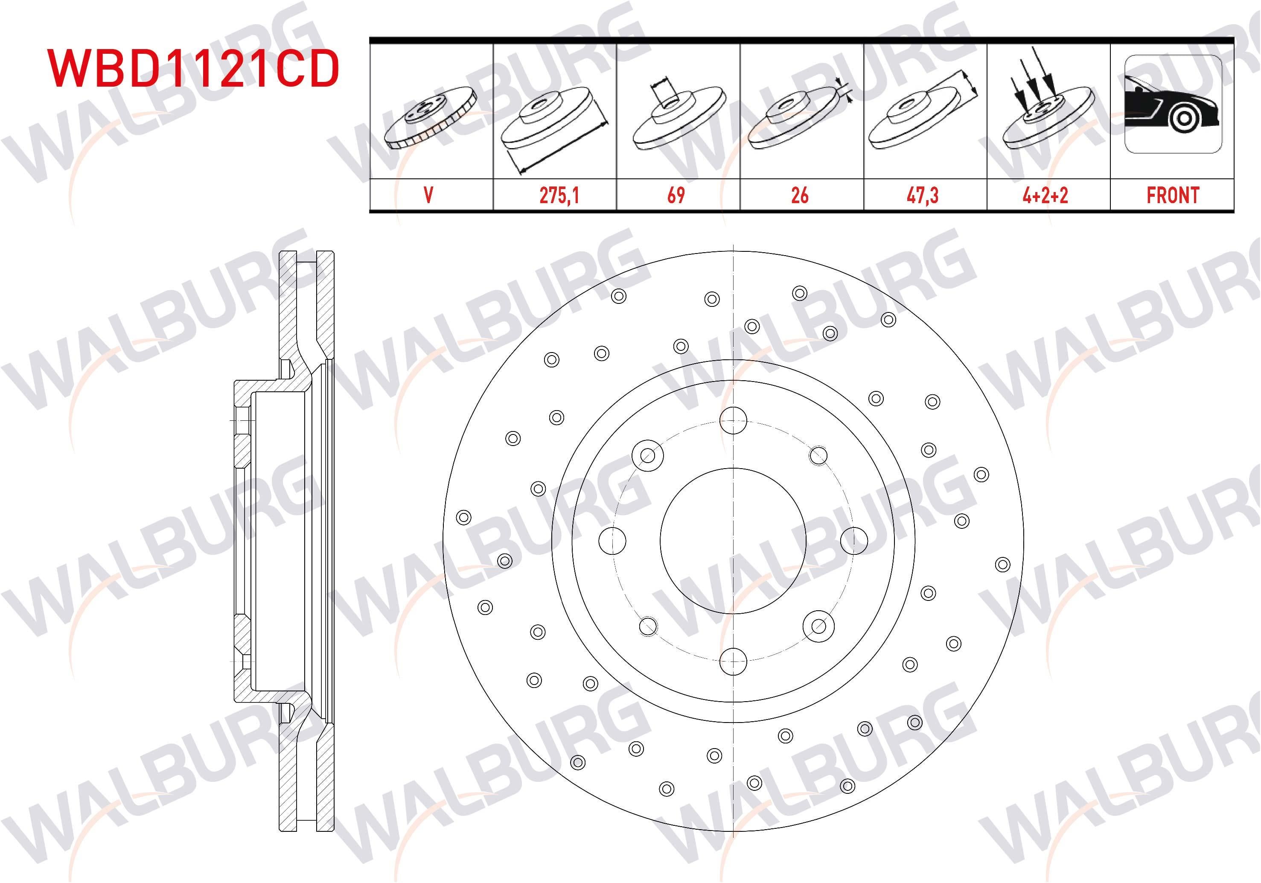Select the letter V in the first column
click(429, 195)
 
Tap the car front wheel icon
click(1172, 104)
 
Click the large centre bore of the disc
click(733, 541)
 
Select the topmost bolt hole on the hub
click(733, 421)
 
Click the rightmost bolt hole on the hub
click(854, 541)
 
